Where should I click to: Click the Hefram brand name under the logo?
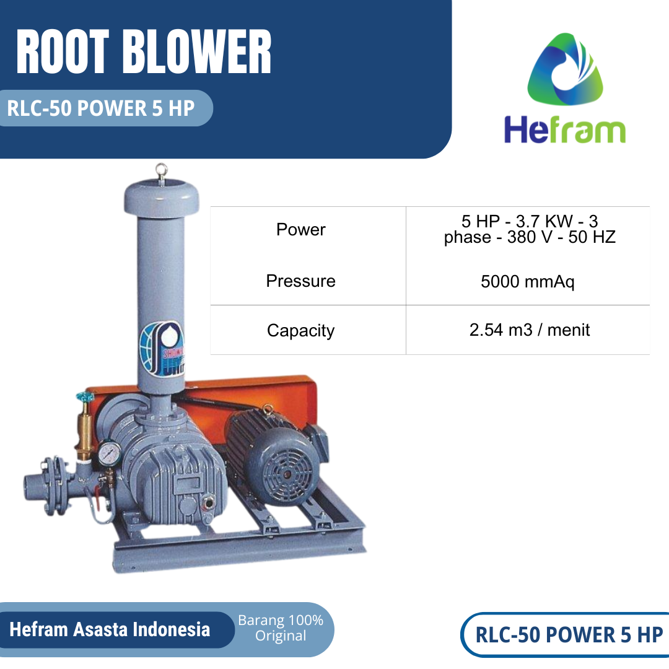(564, 130)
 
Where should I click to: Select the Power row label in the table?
(300, 230)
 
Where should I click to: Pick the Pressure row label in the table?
(300, 281)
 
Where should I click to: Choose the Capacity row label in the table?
(300, 331)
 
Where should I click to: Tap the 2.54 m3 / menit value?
(529, 330)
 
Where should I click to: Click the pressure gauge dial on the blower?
(108, 452)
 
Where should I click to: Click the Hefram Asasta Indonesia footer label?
(110, 630)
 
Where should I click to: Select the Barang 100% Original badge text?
(281, 628)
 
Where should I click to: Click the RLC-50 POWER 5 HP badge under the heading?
(101, 108)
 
